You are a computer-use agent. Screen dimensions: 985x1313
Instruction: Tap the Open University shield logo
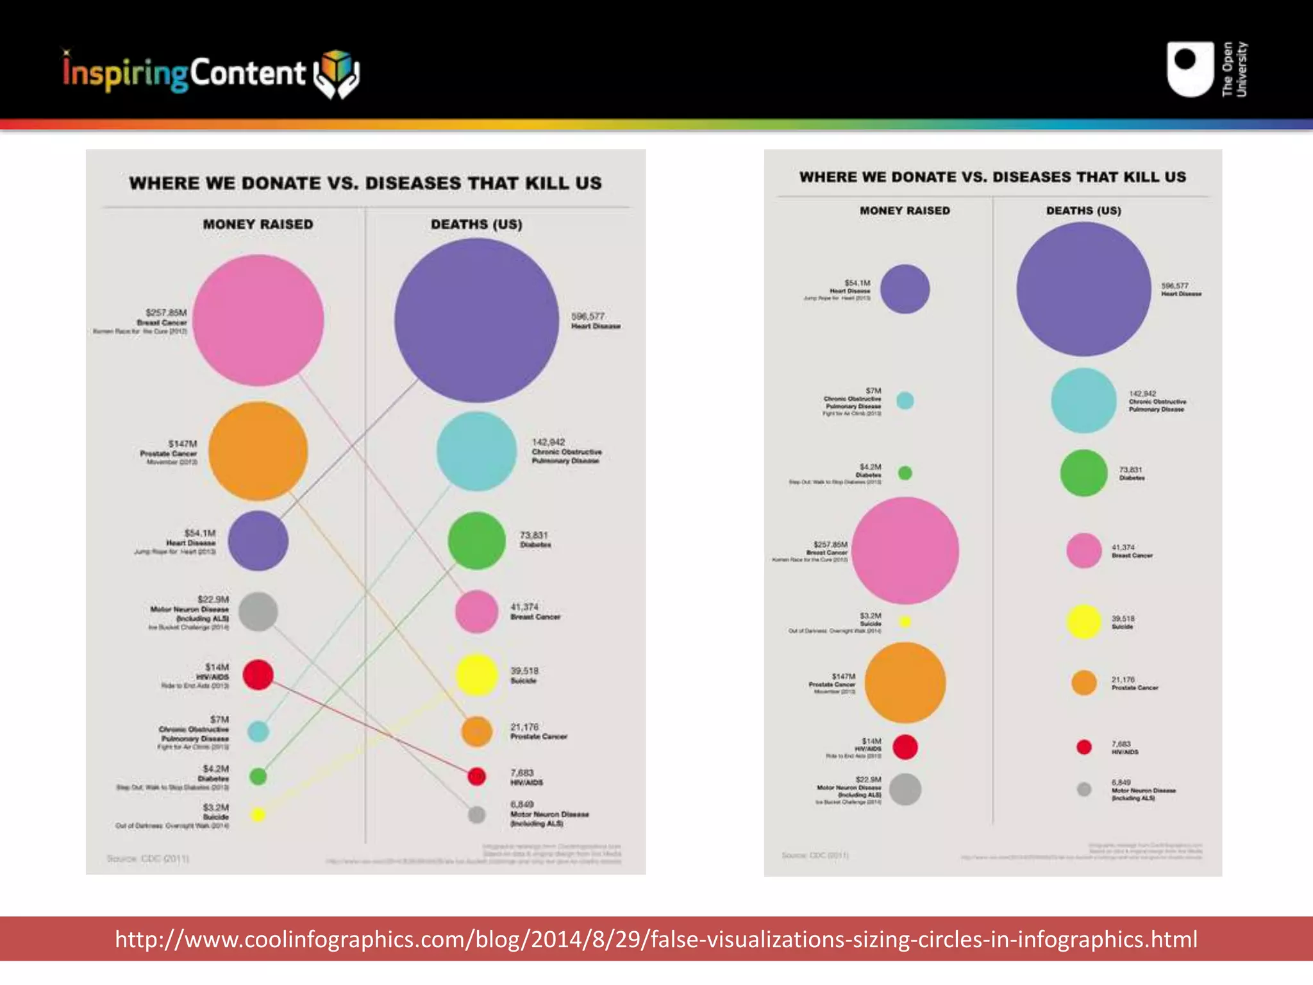coord(1190,69)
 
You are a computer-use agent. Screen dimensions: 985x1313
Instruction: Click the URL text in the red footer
coord(656,939)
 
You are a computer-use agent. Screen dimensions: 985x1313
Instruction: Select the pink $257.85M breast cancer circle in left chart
coord(258,320)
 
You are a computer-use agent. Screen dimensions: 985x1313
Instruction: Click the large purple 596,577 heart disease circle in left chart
coord(476,320)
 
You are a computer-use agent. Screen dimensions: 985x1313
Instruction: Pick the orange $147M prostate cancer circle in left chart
coord(258,451)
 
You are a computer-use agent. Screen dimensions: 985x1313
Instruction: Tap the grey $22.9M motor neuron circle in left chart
coord(258,611)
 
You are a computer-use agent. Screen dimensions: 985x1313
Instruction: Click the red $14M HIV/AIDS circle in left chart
coord(258,675)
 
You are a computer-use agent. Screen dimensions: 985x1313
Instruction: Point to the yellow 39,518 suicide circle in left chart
coord(476,675)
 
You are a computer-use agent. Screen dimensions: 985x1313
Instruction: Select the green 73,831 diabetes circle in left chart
coord(476,541)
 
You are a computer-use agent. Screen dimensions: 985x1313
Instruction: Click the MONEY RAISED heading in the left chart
coord(258,224)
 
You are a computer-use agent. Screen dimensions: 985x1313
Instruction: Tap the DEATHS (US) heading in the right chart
coord(1083,210)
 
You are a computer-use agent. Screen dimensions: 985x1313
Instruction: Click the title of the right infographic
coord(992,177)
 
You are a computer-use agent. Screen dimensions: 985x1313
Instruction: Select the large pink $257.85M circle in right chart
coord(905,550)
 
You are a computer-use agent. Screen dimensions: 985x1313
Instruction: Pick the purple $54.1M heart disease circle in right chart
coord(905,289)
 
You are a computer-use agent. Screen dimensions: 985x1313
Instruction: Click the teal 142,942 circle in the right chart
coord(1083,401)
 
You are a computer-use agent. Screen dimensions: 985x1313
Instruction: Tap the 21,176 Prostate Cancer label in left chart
coord(538,732)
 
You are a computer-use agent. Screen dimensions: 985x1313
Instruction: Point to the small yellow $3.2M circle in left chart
coord(258,815)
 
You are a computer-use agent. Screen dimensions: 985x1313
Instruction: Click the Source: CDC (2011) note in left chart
coord(148,858)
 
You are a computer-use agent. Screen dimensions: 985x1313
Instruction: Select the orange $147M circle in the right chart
coord(905,682)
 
